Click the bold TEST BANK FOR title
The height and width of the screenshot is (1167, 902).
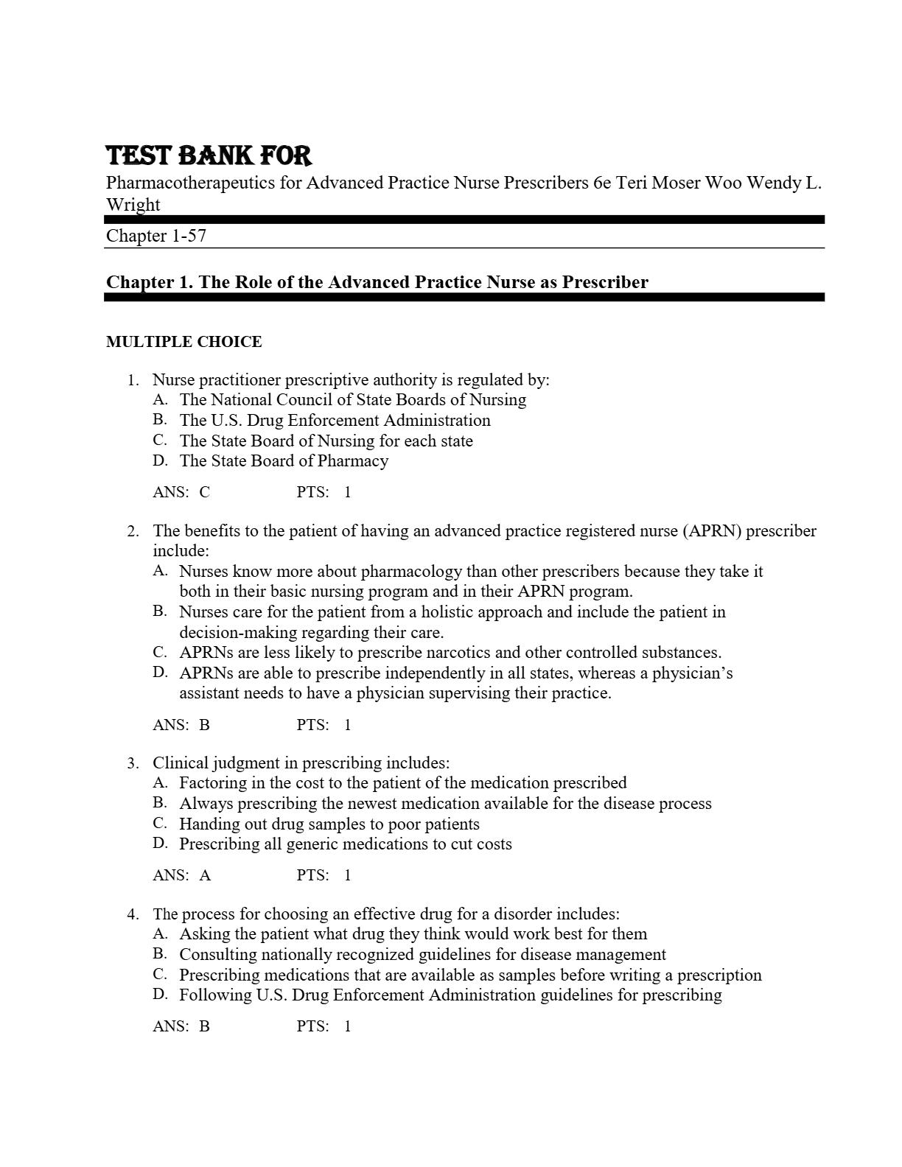click(x=209, y=156)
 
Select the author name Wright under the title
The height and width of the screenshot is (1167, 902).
click(x=133, y=205)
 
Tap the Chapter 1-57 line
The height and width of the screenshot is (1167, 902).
click(x=156, y=236)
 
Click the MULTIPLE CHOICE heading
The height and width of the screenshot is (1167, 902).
click(x=184, y=342)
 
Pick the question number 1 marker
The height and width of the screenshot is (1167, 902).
click(x=132, y=381)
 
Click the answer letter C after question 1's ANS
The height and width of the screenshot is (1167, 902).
click(x=204, y=492)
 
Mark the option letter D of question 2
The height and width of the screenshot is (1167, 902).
click(x=160, y=673)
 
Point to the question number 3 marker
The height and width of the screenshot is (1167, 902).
click(x=132, y=763)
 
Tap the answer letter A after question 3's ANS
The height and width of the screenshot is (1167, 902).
click(x=205, y=875)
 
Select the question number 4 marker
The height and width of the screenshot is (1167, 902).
click(x=132, y=914)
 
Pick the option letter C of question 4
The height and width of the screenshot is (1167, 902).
click(x=160, y=975)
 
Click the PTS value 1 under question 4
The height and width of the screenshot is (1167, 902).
click(x=347, y=1026)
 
